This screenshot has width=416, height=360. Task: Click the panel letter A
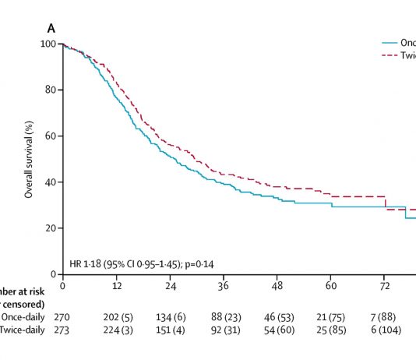(x=51, y=29)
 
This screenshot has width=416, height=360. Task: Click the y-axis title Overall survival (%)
(x=29, y=159)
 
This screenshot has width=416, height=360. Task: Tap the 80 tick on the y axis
(x=51, y=90)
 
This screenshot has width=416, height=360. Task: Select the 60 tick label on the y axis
(x=51, y=136)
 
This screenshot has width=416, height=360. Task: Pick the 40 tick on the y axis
(x=51, y=182)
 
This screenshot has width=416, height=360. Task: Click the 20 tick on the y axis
(x=51, y=228)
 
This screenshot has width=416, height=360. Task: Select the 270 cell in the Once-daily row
(x=62, y=317)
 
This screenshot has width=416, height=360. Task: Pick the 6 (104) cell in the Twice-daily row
(x=385, y=330)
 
